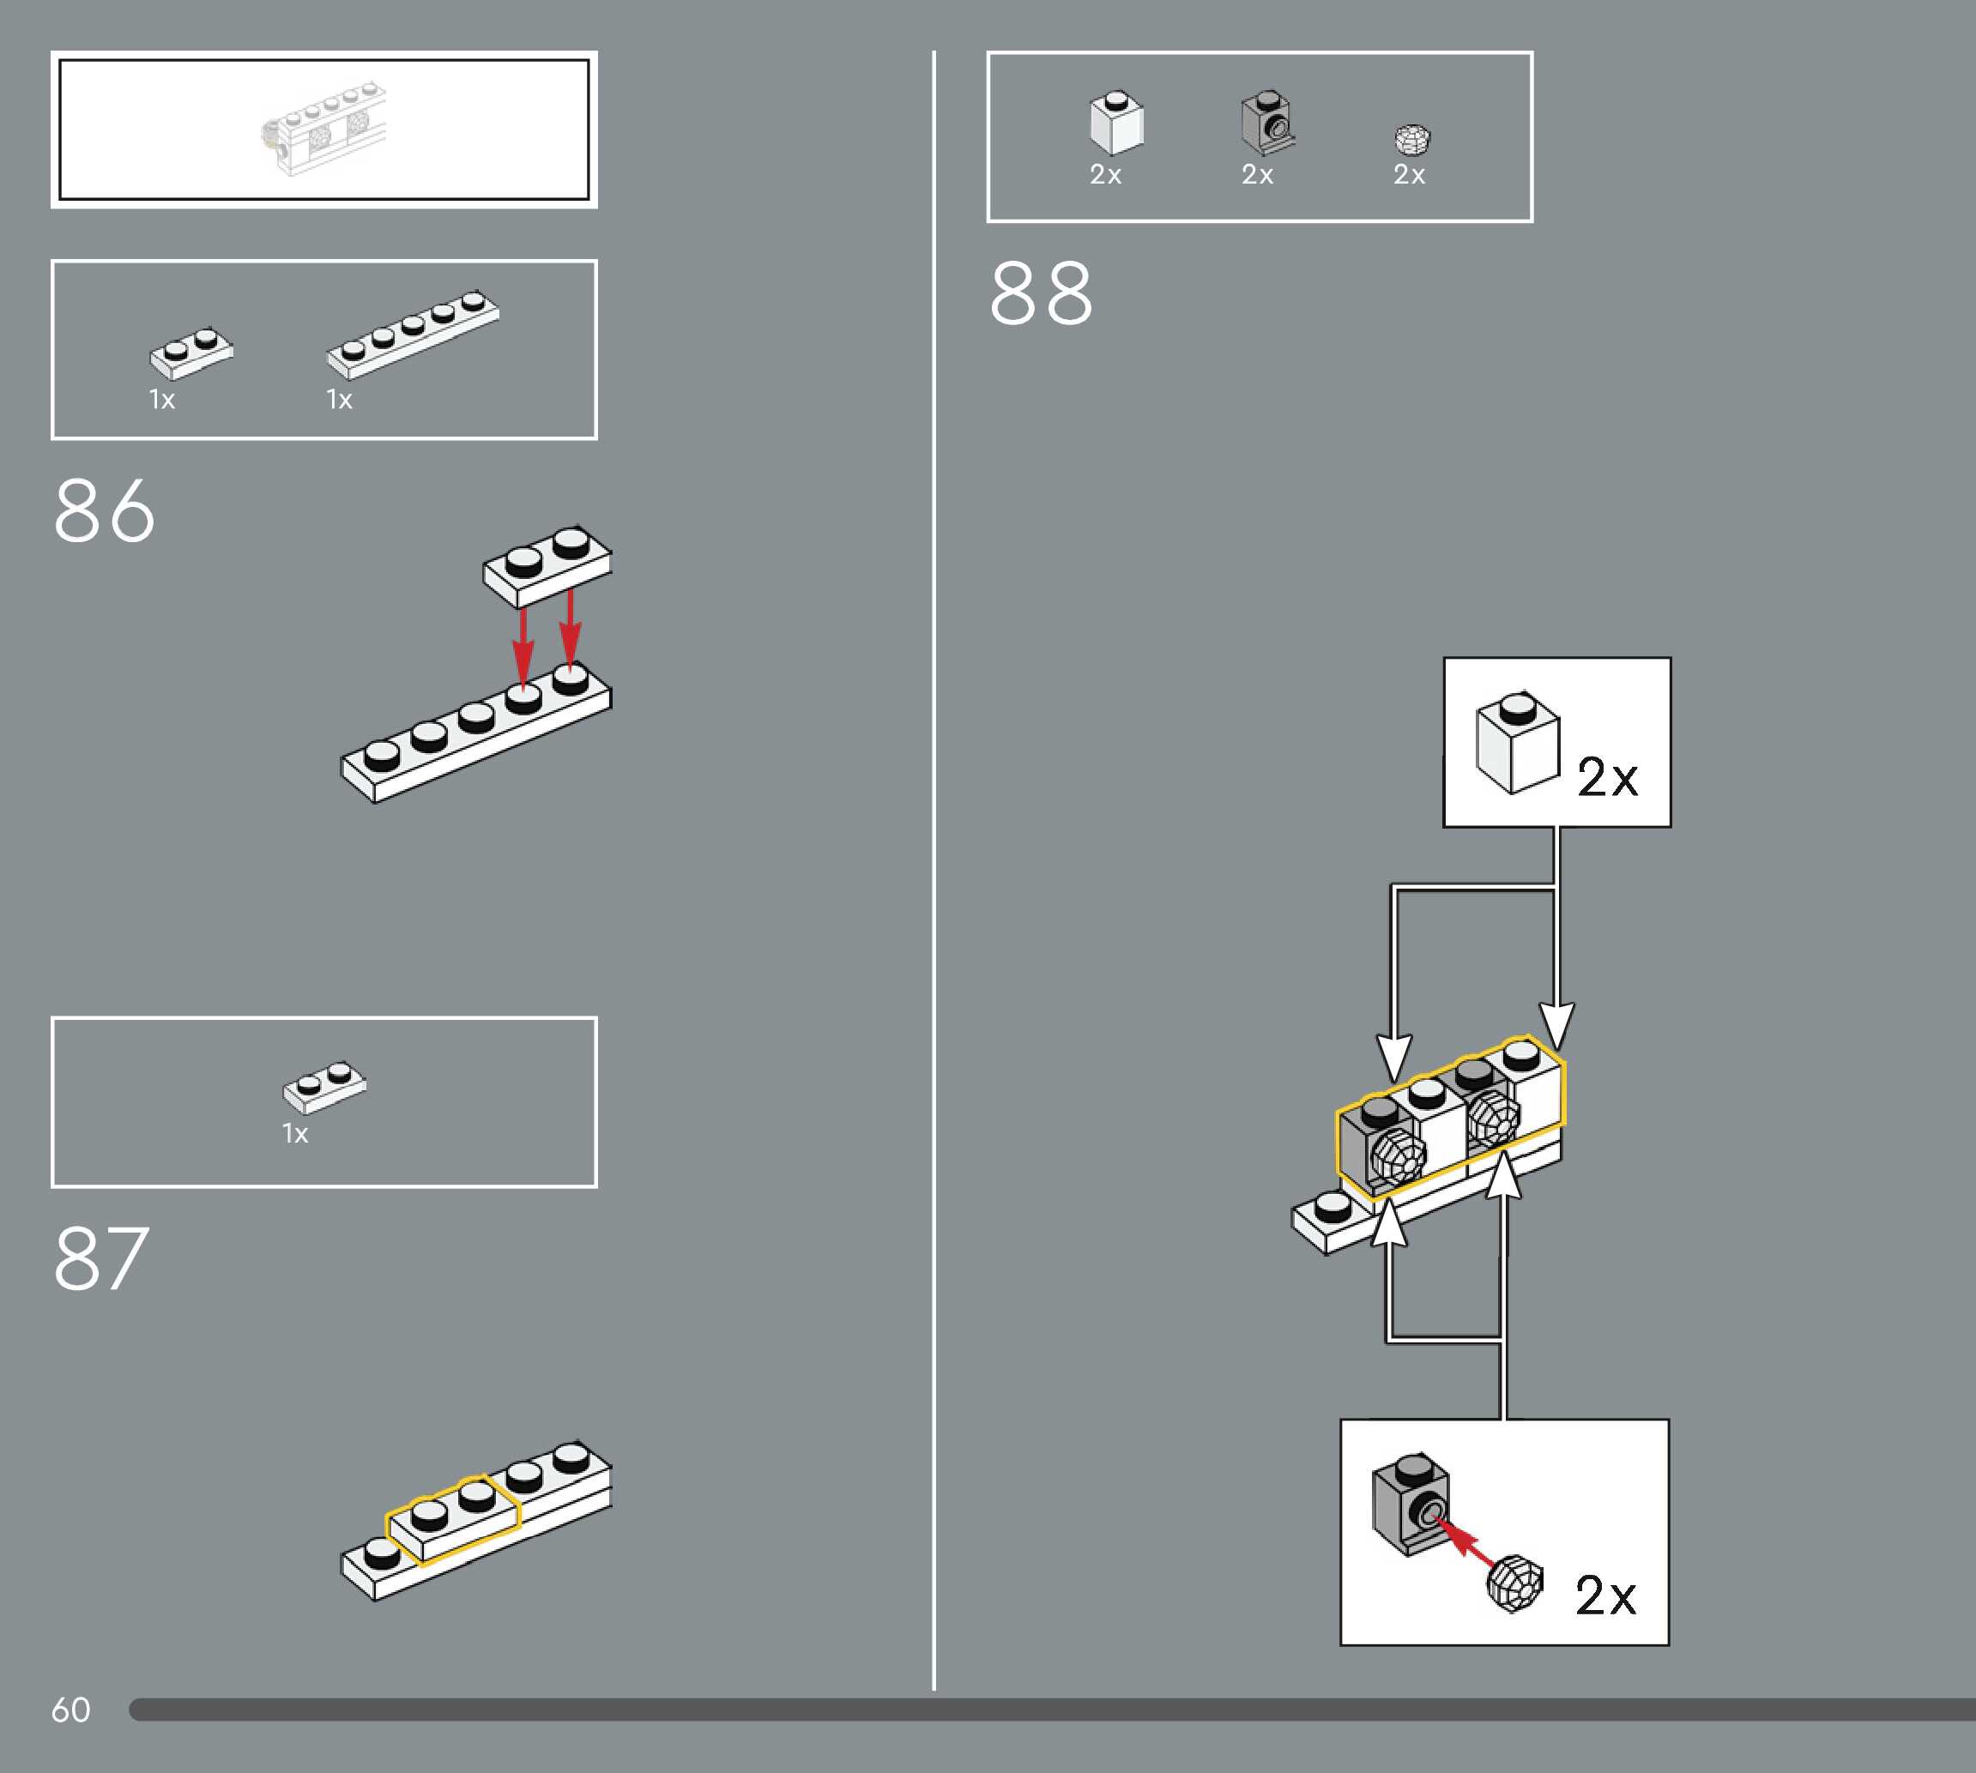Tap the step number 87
101,1258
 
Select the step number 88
1041,293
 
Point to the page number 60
70,1710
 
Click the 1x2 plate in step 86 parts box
191,353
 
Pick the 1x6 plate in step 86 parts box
413,333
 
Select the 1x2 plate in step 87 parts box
324,1086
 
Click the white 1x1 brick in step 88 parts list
1115,124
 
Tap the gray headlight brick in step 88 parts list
1266,124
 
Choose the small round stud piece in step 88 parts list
1411,141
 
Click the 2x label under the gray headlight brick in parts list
1257,174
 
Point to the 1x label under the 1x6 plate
339,400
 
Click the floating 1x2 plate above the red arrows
547,565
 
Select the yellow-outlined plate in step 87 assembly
454,1517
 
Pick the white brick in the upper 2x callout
1517,744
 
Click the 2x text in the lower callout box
1605,1595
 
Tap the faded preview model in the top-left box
324,130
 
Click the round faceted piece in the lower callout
1515,1583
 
